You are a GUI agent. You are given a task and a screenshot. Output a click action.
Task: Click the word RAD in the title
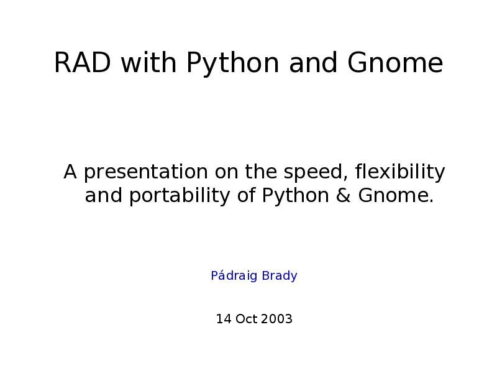[83, 63]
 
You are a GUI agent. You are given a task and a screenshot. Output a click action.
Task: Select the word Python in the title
[232, 63]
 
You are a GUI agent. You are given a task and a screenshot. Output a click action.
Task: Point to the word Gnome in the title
[395, 63]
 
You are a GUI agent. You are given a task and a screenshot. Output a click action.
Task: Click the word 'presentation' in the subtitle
[146, 172]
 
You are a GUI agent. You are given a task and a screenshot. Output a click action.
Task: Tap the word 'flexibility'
[400, 172]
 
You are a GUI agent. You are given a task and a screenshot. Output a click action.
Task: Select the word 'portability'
[180, 196]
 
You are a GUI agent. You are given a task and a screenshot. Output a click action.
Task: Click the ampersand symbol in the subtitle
[344, 195]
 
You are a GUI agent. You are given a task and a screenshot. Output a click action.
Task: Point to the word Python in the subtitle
[296, 196]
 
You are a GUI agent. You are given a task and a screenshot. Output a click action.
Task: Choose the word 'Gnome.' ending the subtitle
[396, 195]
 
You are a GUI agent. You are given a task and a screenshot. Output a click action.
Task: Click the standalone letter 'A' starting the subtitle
[70, 172]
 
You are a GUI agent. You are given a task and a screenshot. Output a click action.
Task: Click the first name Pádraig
[234, 275]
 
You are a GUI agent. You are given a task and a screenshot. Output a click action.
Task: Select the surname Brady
[280, 276]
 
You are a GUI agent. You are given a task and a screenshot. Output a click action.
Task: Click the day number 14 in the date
[224, 319]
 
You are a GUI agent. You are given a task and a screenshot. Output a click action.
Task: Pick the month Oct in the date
[246, 319]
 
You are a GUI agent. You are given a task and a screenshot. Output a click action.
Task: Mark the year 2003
[277, 319]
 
